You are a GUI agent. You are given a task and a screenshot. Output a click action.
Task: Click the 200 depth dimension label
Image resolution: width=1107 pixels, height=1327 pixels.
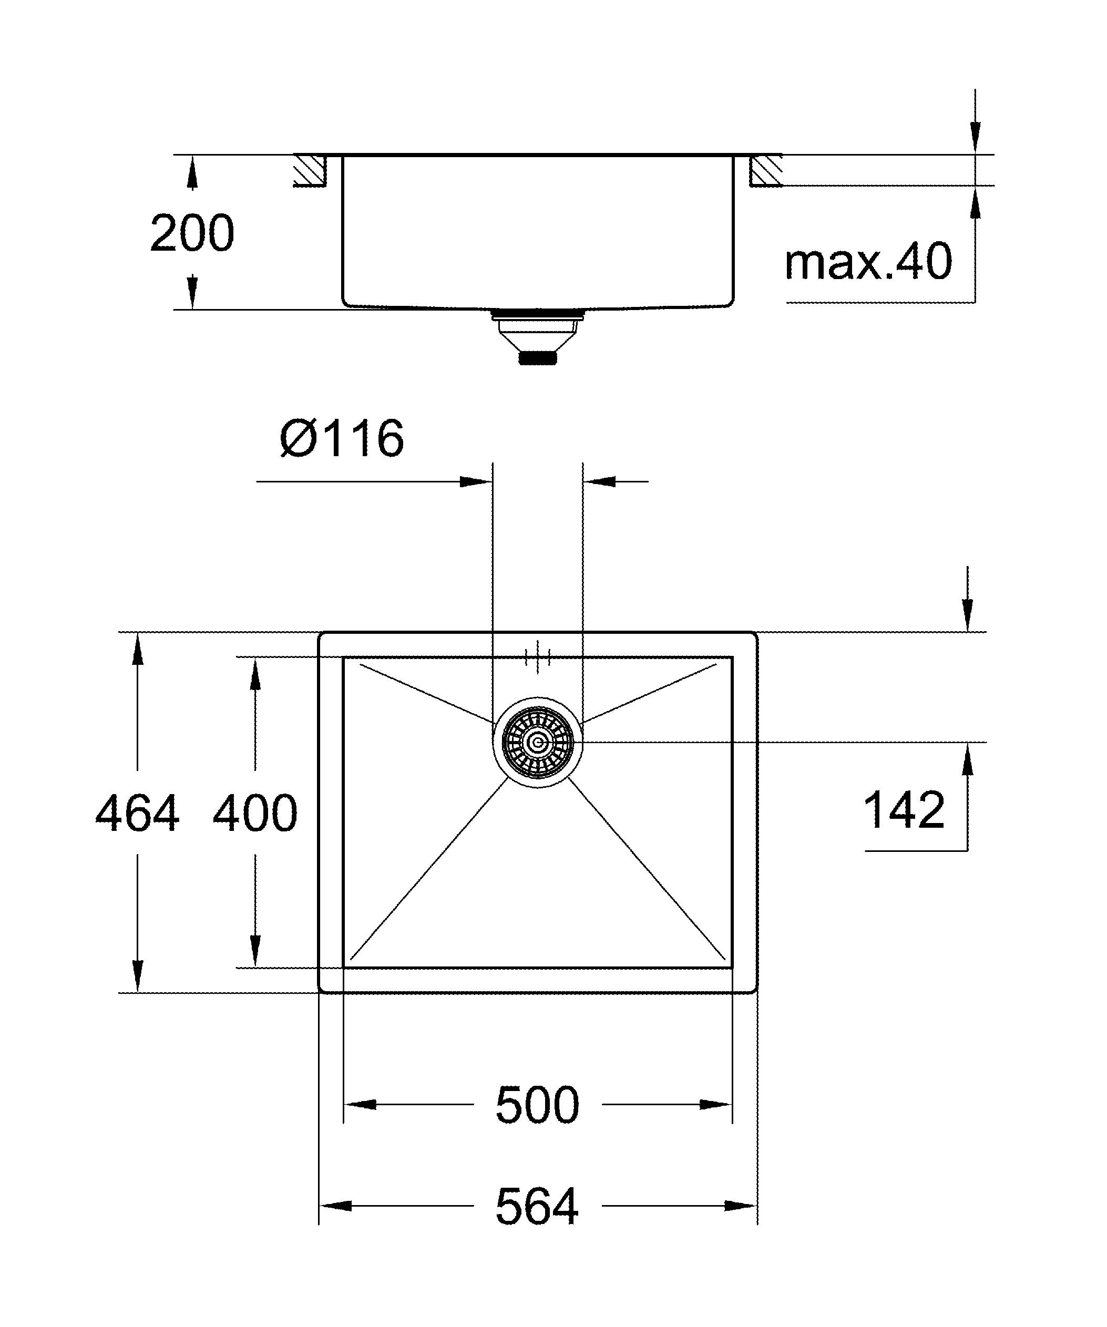click(x=192, y=234)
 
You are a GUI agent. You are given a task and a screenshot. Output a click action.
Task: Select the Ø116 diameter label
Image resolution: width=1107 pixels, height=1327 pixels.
click(x=342, y=438)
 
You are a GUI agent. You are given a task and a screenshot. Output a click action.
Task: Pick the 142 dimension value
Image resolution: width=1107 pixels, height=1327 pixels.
click(x=904, y=810)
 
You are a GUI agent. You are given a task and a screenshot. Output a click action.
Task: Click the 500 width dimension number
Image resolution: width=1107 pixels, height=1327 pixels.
click(x=537, y=1106)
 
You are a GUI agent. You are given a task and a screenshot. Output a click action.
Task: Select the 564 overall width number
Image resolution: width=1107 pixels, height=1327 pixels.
click(x=537, y=1207)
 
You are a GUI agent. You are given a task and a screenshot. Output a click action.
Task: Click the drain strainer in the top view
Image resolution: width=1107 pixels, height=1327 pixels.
click(x=538, y=743)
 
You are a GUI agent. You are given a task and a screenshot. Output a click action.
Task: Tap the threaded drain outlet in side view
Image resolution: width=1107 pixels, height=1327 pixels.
click(x=538, y=358)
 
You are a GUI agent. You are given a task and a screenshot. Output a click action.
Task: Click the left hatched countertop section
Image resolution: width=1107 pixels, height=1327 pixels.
click(x=310, y=171)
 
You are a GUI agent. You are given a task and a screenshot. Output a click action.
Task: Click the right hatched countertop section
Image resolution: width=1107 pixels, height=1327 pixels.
click(x=766, y=171)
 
